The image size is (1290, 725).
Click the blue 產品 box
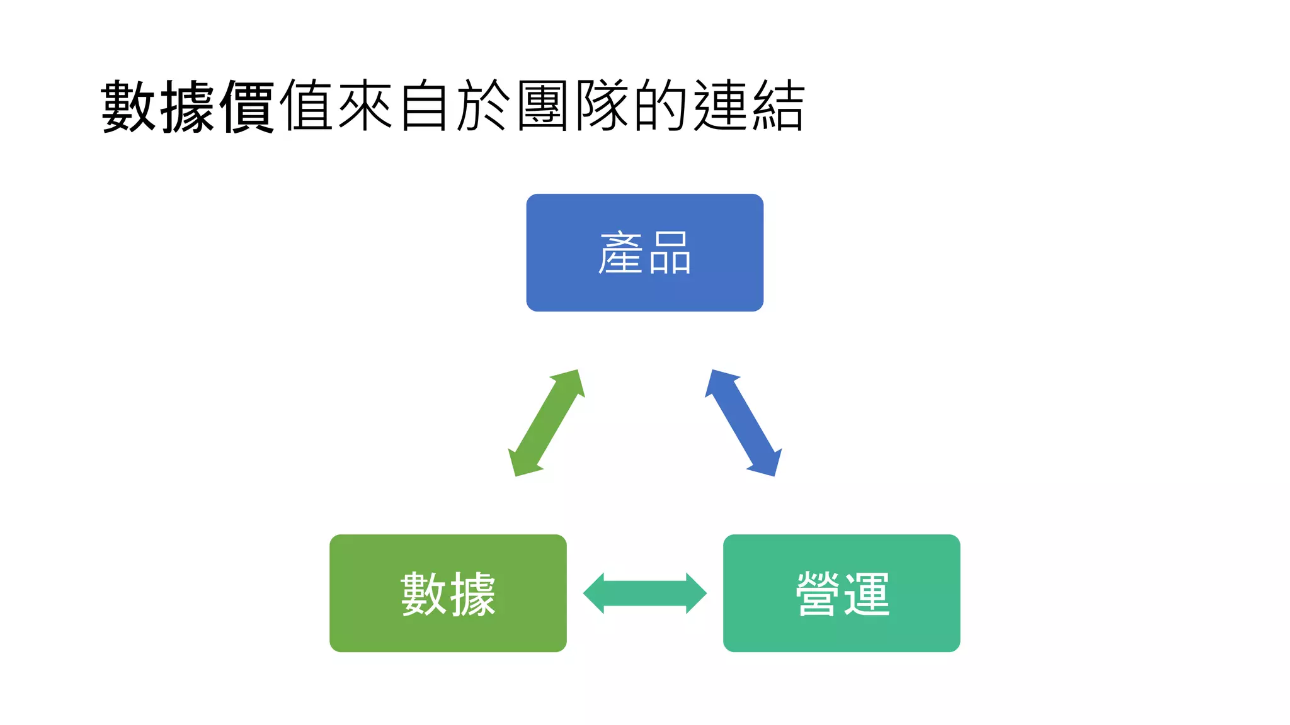tap(644, 252)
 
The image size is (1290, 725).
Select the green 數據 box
tap(448, 593)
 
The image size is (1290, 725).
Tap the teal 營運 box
tap(842, 593)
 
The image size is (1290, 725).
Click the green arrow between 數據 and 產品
tap(546, 423)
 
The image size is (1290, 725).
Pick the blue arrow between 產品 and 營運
tap(743, 423)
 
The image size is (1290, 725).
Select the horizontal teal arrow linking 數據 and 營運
tap(644, 593)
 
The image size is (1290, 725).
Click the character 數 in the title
tap(128, 106)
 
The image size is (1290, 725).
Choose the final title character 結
tap(779, 106)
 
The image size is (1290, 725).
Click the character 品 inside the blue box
tap(670, 253)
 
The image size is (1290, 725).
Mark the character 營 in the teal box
tap(818, 593)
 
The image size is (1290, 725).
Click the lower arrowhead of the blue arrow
tap(767, 464)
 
